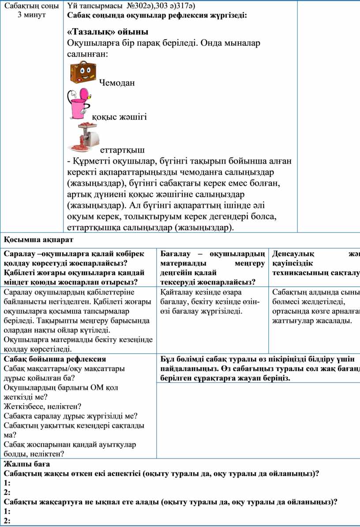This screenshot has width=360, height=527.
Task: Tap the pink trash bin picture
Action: [80, 104]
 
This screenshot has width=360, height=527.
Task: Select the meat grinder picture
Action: [84, 137]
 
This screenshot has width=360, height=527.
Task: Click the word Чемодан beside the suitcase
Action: [117, 82]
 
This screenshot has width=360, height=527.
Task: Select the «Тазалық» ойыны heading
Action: [107, 32]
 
